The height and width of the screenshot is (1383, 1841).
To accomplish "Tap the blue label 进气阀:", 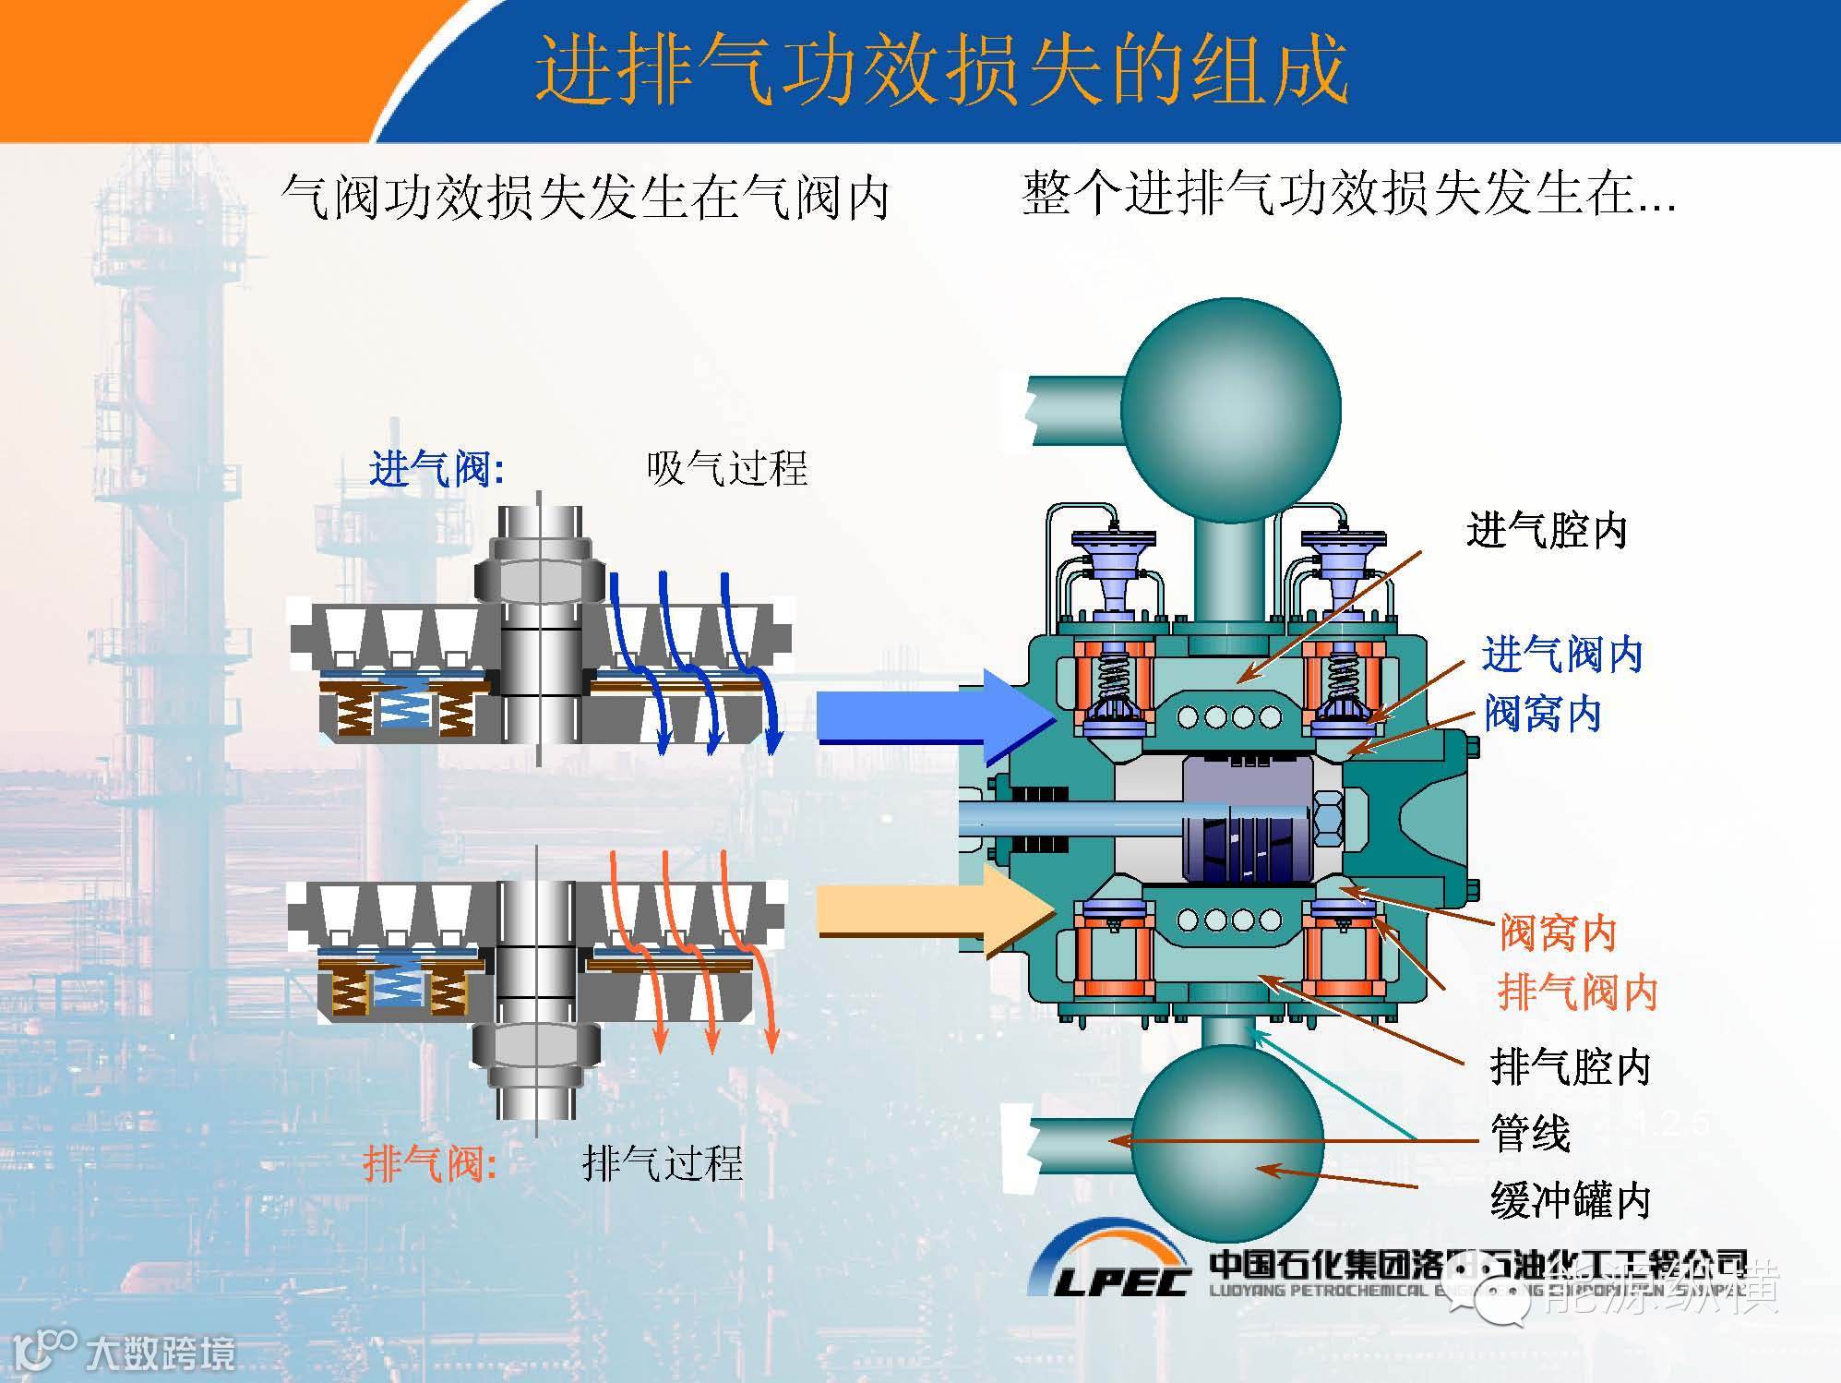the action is pos(436,470).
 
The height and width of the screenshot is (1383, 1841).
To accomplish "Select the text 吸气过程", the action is pos(726,469).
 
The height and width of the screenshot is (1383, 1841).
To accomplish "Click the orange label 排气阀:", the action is pos(430,1162).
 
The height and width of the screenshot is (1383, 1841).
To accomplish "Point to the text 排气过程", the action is pos(662,1163).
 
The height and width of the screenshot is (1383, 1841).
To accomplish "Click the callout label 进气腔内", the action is pos(1547,531).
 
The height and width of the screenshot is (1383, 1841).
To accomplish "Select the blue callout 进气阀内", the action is pos(1562,655).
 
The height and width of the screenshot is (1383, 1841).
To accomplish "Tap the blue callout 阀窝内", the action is pos(1542,714).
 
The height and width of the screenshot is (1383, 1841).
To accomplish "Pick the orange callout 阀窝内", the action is pos(1558,933).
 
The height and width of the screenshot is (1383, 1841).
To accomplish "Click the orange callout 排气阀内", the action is pos(1577,992).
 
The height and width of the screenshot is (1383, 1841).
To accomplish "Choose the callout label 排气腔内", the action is pos(1570,1067).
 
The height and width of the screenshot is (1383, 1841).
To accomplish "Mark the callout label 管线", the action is pos(1530,1133).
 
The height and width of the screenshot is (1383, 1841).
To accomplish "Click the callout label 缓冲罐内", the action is pos(1570,1200).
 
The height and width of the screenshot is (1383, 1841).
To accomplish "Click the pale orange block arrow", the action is pos(932,909).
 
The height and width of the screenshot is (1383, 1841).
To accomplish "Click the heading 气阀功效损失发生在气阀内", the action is pos(584,198).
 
